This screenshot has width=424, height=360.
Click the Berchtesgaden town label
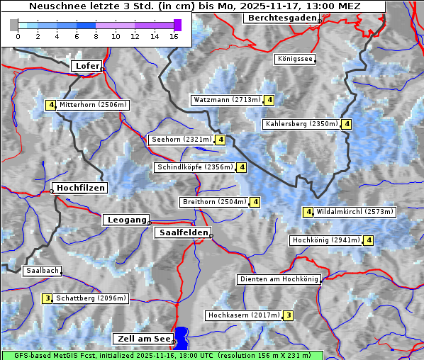(x=281, y=18)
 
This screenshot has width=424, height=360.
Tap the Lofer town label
(x=87, y=66)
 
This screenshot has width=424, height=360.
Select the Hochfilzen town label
(x=80, y=188)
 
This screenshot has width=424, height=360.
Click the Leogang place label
(x=127, y=220)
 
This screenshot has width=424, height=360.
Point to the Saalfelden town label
(x=182, y=232)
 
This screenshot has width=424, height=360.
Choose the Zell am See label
(x=143, y=339)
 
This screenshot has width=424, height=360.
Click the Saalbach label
(x=42, y=271)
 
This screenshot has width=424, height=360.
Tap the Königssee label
(x=295, y=60)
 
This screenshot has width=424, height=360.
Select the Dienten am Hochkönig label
(x=279, y=279)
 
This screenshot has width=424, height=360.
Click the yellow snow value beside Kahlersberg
(x=346, y=125)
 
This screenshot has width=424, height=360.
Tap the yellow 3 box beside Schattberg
(x=48, y=298)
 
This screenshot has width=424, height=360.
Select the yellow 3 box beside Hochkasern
(x=288, y=315)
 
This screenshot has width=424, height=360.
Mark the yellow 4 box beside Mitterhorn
(x=51, y=105)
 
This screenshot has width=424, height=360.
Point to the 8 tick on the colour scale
(x=96, y=36)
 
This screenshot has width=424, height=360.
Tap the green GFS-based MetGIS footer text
(x=162, y=355)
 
